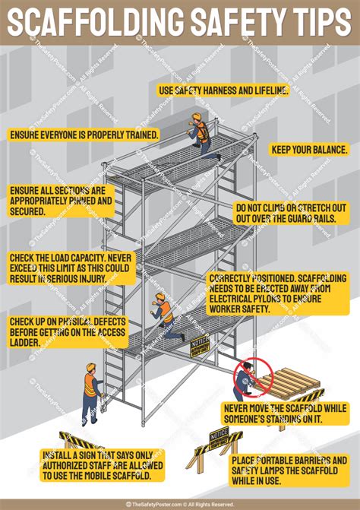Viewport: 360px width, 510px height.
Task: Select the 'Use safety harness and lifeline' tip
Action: (223, 90)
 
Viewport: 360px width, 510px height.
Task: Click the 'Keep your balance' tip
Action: (309, 150)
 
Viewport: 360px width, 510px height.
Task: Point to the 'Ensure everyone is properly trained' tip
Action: (84, 135)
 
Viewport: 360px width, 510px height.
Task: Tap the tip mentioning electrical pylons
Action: (270, 293)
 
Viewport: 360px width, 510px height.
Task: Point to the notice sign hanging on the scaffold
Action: (200, 347)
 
